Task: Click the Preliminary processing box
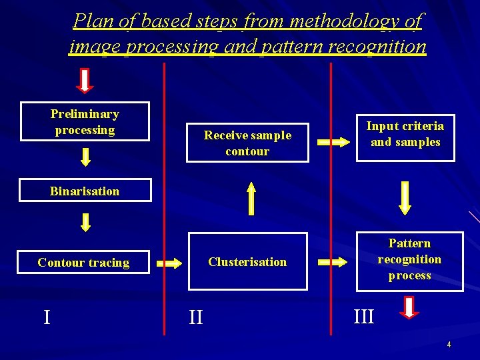click(85, 121)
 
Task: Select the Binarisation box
click(85, 191)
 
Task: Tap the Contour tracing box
click(84, 263)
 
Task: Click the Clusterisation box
click(247, 261)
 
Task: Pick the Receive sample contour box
click(247, 143)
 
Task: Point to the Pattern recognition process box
click(409, 259)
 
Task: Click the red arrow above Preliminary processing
click(85, 80)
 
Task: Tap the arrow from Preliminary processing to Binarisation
click(85, 157)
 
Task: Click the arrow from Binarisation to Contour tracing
click(85, 221)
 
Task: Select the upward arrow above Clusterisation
click(251, 199)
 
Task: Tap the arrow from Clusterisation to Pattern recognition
click(332, 262)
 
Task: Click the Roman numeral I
click(47, 316)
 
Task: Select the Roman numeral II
click(195, 316)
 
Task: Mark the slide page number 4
click(449, 345)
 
